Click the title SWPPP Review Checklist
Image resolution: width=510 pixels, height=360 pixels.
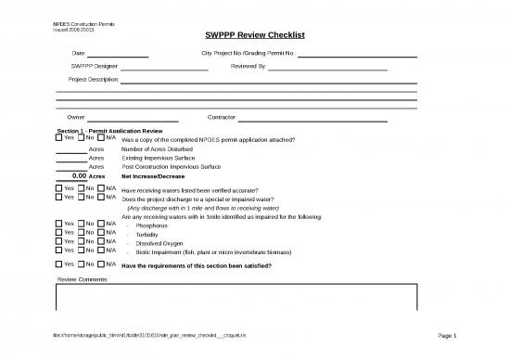255,35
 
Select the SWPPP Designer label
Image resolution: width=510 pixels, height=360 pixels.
94,67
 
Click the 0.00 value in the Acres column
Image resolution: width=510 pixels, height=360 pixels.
79,175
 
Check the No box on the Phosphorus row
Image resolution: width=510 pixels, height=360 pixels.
81,225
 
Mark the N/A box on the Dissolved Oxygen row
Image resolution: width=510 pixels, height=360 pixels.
101,241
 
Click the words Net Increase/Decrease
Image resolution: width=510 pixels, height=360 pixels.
153,175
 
